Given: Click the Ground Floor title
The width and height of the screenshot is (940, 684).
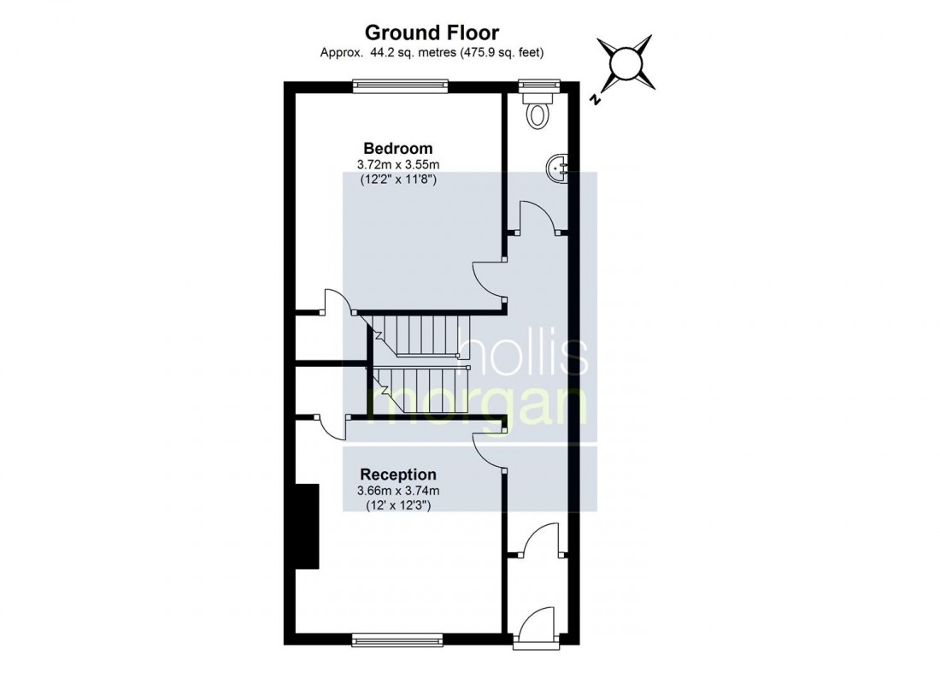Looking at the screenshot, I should pos(432,32).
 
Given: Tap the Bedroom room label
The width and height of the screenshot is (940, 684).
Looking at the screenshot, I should pos(398,148).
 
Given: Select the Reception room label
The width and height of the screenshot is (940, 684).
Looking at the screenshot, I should pos(398,475).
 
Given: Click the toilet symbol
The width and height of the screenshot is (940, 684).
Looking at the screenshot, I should pos(538,111).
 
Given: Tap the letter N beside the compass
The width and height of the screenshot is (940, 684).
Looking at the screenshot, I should pos(595,100).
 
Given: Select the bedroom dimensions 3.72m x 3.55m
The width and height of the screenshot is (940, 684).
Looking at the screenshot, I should pos(398,164).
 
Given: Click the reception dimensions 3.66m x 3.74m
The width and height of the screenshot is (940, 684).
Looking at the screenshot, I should pos(398,491).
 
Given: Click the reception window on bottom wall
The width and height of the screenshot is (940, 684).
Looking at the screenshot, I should pos(398,638).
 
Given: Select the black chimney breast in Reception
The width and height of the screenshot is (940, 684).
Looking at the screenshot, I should pos(307,526).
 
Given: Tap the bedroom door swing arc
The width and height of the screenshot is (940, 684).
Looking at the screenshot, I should pos(487,278).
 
